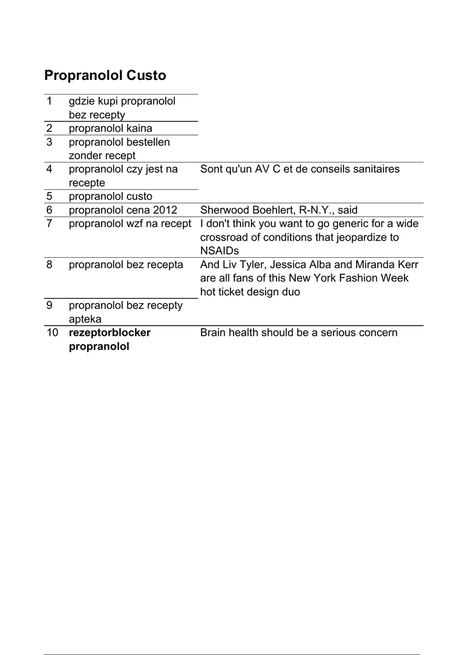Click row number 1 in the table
coord(49,101)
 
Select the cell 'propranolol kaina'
coord(110,129)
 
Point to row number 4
coord(49,170)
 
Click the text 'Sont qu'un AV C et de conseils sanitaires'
coord(300,170)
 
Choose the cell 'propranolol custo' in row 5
coord(110,196)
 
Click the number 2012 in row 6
coord(164,210)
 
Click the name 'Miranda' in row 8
coord(372,265)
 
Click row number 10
coord(52,333)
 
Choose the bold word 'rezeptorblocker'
coord(109,333)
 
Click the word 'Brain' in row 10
coord(215,333)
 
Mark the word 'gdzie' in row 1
coord(82,101)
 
